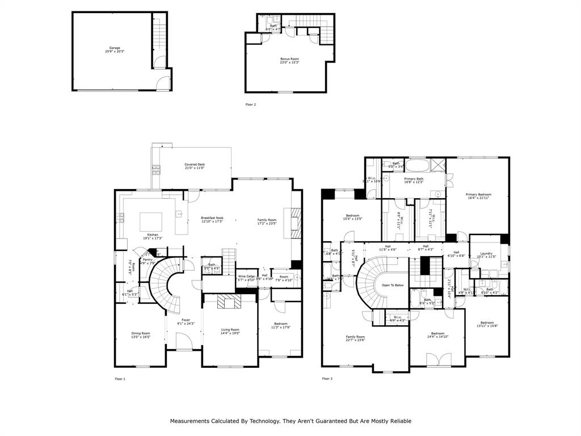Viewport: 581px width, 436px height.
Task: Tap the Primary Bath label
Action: [x=414, y=180]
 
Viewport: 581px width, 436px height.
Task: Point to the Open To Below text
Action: [x=392, y=285]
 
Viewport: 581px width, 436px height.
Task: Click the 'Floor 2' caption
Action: [x=250, y=104]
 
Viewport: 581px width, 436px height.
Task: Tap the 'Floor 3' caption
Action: [x=327, y=378]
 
